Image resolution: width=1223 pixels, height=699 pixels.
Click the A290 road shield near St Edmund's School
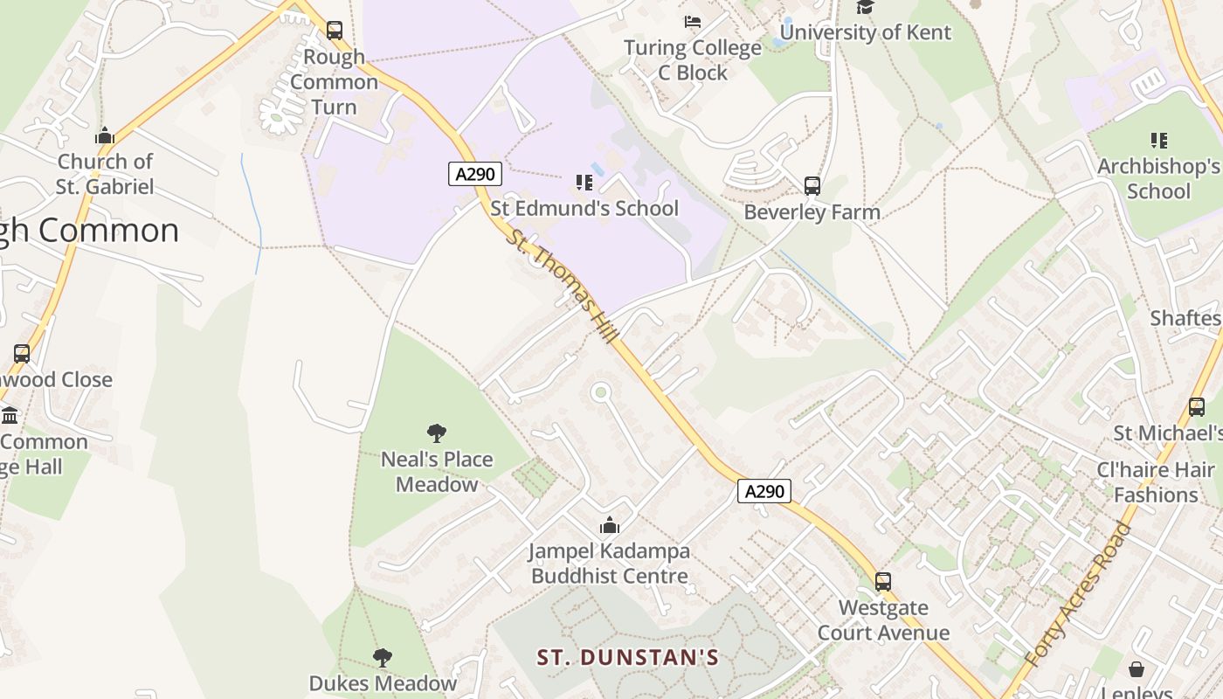point(475,174)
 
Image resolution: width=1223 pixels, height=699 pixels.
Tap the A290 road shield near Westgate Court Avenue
point(764,491)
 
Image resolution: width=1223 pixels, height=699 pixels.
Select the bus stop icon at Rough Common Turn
point(335,31)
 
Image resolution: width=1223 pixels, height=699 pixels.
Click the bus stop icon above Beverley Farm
point(812,185)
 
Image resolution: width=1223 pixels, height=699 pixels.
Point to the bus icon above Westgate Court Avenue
point(883,581)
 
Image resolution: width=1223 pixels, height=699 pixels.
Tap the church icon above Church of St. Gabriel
point(105,135)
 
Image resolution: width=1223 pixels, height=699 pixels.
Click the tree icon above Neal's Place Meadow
point(437,433)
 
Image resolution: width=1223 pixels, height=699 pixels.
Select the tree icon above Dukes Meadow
point(382,657)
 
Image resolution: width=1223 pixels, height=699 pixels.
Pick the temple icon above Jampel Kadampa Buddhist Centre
point(610,525)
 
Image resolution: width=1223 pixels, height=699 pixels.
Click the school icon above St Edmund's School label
point(584,182)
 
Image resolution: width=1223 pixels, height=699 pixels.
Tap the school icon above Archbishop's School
point(1159,140)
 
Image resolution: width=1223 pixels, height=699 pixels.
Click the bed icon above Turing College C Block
point(693,21)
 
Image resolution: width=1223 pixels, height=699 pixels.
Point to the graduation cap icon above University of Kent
point(865,7)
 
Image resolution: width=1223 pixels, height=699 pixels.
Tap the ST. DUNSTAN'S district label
point(627,657)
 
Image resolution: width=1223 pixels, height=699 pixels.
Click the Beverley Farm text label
point(812,211)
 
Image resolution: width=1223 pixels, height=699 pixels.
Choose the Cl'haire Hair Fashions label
point(1156,482)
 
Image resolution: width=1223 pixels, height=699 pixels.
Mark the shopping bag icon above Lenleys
point(1136,669)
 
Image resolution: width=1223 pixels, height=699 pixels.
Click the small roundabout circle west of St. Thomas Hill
point(600,392)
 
